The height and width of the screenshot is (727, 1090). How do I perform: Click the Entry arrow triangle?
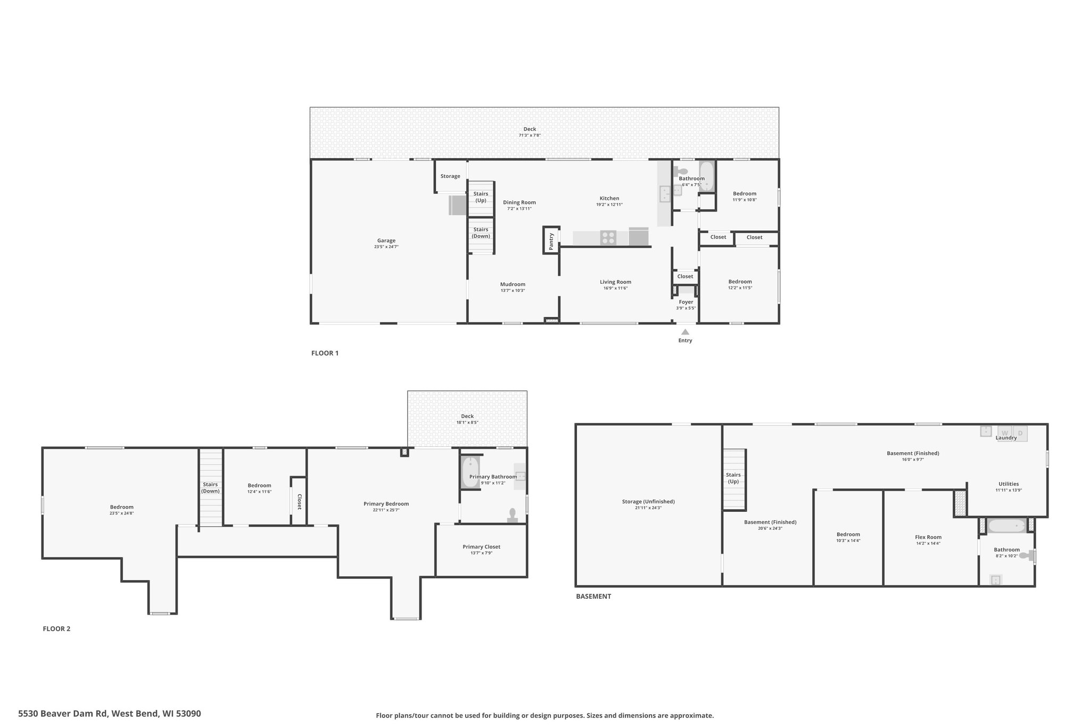point(685,332)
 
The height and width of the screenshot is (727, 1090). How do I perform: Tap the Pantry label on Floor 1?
point(551,241)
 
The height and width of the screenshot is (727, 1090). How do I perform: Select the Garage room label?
point(386,241)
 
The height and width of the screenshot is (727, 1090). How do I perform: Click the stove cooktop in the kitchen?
point(608,238)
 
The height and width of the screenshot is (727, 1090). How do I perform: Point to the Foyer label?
point(686,302)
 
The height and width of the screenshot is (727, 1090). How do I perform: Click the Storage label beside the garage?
point(450,176)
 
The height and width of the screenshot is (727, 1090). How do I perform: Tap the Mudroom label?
point(513,284)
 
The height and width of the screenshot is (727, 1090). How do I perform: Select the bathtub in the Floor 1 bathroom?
point(706,176)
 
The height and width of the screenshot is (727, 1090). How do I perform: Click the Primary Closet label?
point(481,546)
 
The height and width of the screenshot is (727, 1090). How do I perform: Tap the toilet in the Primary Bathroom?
point(513,515)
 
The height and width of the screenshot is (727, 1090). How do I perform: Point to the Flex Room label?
point(928,537)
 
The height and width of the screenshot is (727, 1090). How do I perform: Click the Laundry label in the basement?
point(1006,438)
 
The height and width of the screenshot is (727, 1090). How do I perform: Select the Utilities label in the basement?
point(1009,484)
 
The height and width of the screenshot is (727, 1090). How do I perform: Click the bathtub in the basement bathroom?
point(1006,526)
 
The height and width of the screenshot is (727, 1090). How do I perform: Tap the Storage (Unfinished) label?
point(648,501)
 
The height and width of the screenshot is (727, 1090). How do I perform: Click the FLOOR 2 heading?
point(56,628)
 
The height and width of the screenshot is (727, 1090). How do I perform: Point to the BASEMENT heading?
point(593,596)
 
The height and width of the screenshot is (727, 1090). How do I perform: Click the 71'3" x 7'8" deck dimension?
point(530,135)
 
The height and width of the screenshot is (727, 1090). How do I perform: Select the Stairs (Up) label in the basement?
point(733,478)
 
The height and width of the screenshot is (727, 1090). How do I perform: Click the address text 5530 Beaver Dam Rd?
point(63,713)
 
